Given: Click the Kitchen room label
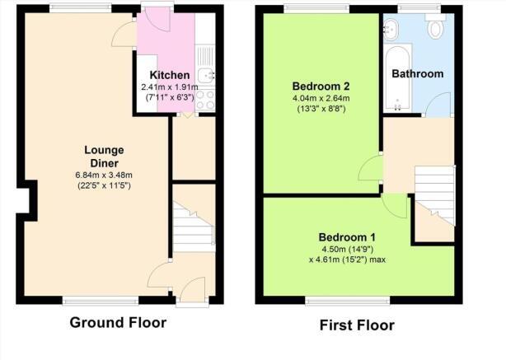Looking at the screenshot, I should [170, 75].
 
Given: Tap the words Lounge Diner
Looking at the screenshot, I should [104, 157].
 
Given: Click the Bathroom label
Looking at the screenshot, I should [417, 74].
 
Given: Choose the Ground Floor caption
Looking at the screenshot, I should [117, 322].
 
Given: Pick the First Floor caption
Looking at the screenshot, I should [357, 325].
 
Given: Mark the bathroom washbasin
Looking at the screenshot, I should [391, 28].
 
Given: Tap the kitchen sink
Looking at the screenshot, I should [204, 75].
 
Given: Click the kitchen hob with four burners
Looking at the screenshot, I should [205, 100].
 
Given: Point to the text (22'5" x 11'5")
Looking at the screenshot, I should [104, 185].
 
